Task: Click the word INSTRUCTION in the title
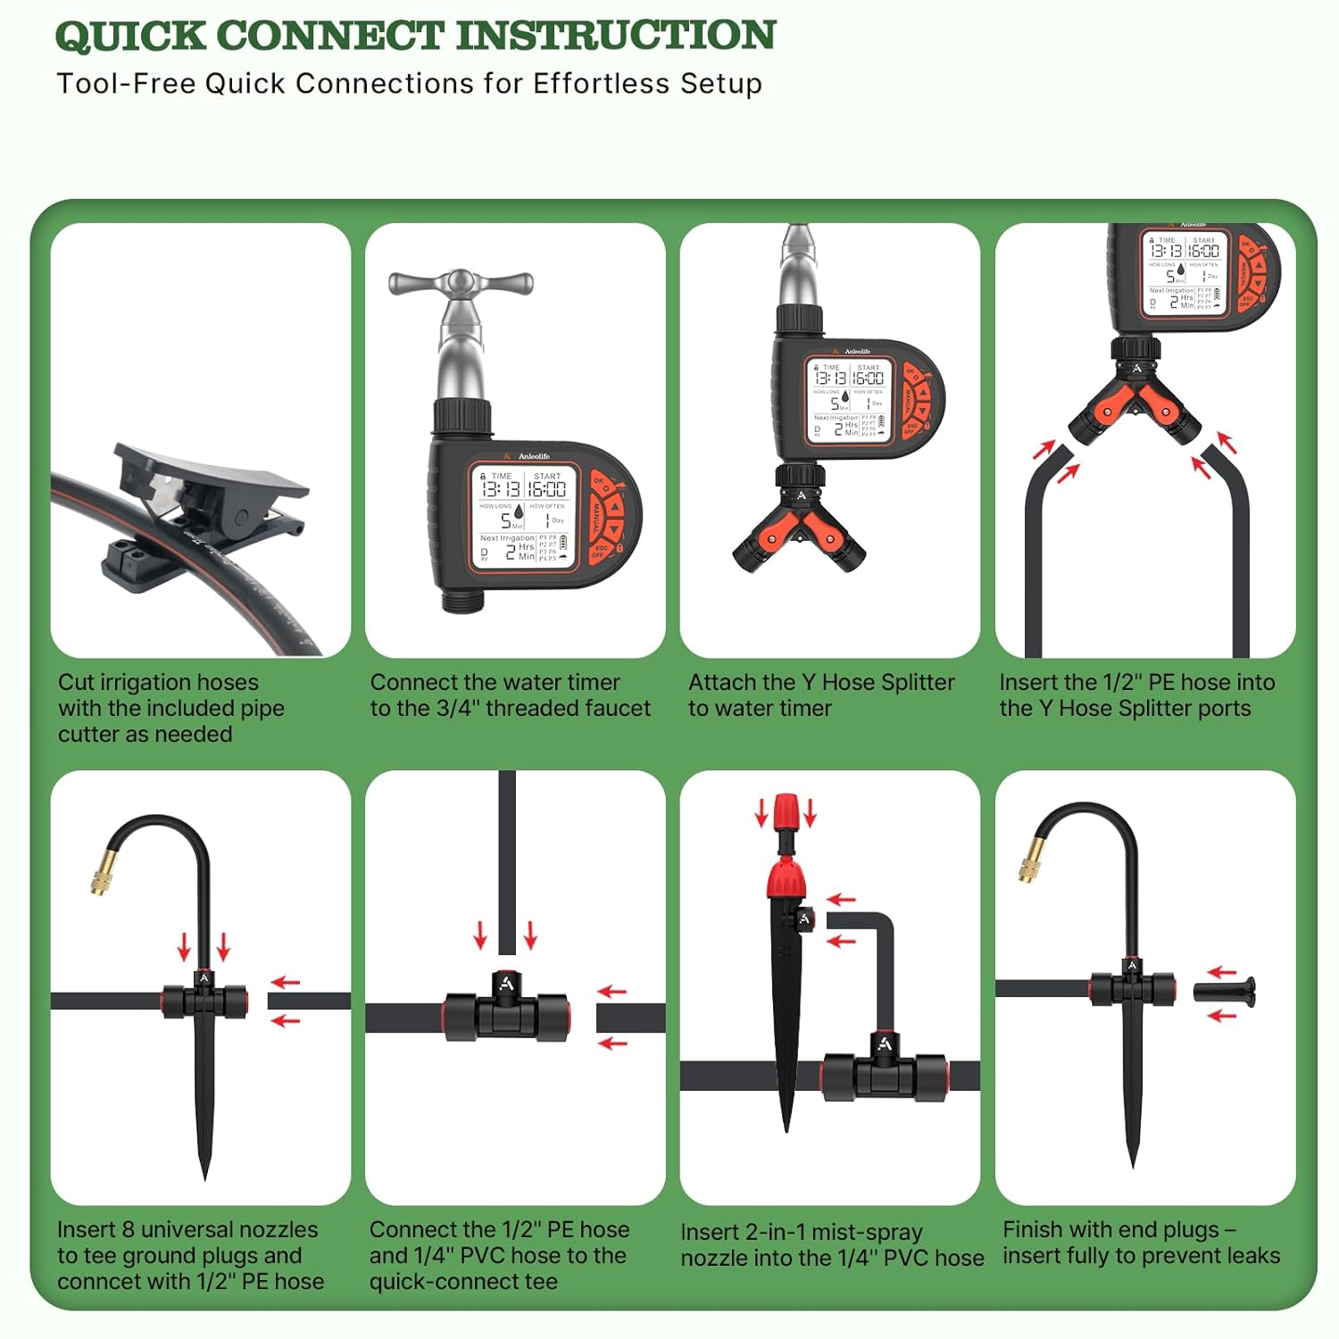click(x=616, y=36)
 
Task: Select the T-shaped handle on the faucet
click(x=461, y=284)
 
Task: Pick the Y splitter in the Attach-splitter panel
click(x=799, y=528)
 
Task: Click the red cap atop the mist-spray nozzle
click(x=785, y=811)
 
